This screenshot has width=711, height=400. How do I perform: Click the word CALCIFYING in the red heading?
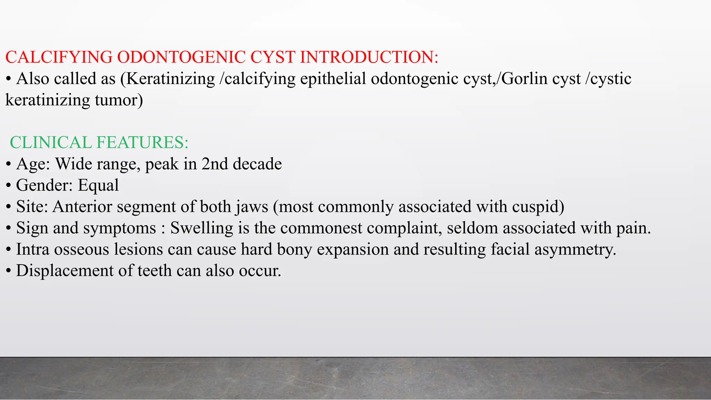click(x=59, y=57)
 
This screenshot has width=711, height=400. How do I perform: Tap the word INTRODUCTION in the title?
click(x=368, y=57)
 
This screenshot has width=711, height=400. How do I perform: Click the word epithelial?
click(x=333, y=79)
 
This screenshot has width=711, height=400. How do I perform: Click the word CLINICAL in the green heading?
click(x=51, y=143)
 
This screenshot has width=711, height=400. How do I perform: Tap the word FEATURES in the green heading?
click(x=142, y=143)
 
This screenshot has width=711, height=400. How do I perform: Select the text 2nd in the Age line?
click(x=215, y=164)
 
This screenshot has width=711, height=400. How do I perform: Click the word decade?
click(x=257, y=164)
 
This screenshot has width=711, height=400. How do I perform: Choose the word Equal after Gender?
click(x=98, y=185)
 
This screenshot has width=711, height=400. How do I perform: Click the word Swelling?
click(x=202, y=228)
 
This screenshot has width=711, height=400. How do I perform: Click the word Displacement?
click(x=65, y=271)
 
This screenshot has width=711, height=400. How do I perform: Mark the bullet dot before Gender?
click(x=8, y=186)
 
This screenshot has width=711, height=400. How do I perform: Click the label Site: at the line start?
click(x=32, y=207)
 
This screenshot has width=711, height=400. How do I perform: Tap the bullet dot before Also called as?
click(x=8, y=80)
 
